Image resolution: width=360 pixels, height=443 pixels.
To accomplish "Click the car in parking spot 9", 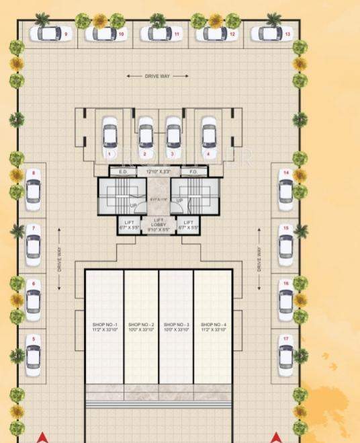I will (x=49, y=33).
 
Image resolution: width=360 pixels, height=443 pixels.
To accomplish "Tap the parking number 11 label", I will (x=177, y=34).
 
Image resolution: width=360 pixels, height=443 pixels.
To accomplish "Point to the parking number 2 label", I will (x=144, y=154).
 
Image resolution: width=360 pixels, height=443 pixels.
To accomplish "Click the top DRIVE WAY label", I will (x=158, y=77).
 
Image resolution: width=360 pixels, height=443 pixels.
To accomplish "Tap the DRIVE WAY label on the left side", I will (x=60, y=259).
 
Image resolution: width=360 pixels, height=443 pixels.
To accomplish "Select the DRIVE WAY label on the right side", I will (x=259, y=259).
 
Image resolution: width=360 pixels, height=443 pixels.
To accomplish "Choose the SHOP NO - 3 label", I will (x=176, y=327).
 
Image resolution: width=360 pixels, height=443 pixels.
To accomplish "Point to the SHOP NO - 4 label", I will (x=212, y=327).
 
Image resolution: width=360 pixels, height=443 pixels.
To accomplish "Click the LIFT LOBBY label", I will (x=159, y=224).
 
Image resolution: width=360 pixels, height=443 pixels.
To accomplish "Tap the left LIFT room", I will (x=130, y=225).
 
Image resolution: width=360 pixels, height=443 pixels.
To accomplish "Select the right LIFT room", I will (x=188, y=225).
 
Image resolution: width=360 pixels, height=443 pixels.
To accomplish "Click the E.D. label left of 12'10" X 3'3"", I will (x=123, y=172).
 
